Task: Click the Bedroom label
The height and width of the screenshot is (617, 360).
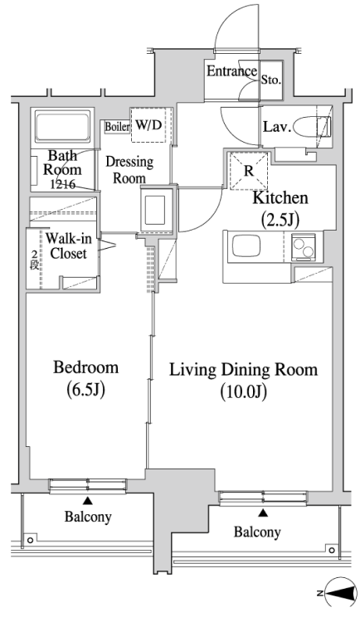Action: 85,367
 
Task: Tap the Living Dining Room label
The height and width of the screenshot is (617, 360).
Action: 243,370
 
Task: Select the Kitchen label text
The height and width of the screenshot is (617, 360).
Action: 280,197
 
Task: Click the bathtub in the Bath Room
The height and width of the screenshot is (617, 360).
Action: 63,126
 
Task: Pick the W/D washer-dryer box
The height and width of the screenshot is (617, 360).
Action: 152,125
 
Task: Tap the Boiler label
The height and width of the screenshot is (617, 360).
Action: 117,127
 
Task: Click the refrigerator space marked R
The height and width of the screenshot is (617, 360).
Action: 249,171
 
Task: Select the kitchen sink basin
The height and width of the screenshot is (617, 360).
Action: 246,246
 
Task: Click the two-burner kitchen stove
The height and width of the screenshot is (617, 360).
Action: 304,247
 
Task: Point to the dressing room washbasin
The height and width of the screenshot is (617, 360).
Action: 156,210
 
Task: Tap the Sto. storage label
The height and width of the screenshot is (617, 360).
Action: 271,80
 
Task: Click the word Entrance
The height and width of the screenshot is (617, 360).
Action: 231,71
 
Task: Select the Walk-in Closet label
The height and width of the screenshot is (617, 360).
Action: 68,246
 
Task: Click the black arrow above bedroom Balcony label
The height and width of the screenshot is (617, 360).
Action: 87,501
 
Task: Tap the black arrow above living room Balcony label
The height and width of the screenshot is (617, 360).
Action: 263,513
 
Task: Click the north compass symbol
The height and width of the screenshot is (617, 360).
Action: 338,593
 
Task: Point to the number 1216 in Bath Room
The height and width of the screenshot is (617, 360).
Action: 63,184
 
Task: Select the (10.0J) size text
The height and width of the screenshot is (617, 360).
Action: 244,392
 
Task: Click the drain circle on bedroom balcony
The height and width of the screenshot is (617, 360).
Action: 30,540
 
